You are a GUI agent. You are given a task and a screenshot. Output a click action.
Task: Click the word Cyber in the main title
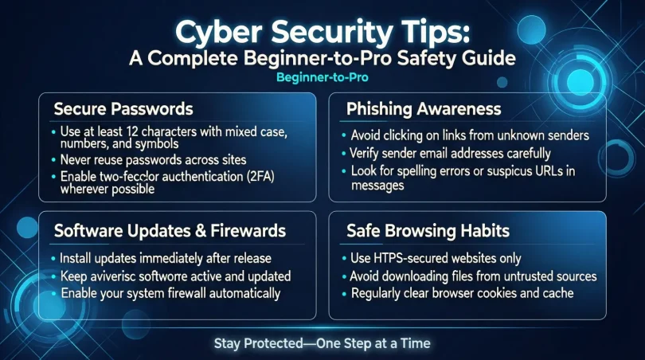pos(220,33)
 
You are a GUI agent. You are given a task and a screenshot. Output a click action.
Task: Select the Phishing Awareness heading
pos(423,108)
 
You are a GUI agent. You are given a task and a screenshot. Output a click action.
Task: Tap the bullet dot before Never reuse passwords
pos(53,159)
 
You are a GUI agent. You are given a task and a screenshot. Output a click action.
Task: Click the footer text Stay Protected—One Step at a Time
pos(322,343)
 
